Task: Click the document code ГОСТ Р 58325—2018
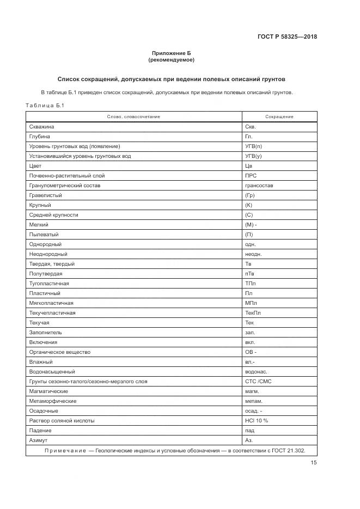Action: click(x=287, y=37)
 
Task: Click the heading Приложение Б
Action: click(x=171, y=53)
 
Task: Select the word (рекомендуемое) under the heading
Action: click(x=171, y=59)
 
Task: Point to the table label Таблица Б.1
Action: click(x=45, y=106)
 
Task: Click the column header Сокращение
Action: click(x=279, y=116)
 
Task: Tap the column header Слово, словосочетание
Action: click(x=133, y=116)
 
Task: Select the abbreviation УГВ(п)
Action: click(x=253, y=146)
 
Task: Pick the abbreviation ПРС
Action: click(x=251, y=176)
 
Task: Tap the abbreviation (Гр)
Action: click(x=250, y=195)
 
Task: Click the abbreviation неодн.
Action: click(x=253, y=254)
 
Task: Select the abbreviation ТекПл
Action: click(x=253, y=313)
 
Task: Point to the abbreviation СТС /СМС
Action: click(x=258, y=382)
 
